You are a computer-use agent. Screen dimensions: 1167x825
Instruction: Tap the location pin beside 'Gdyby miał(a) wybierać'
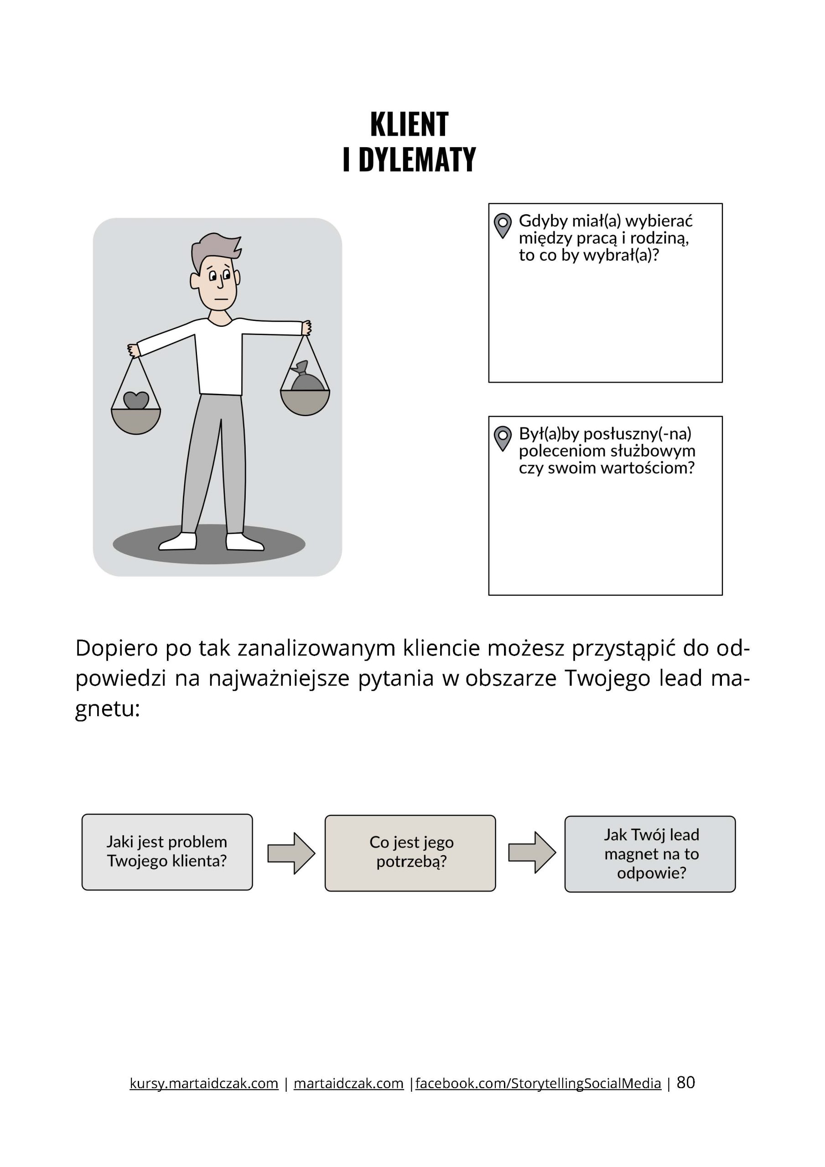pyautogui.click(x=503, y=224)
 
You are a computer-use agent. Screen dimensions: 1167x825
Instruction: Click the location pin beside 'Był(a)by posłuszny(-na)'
pyautogui.click(x=503, y=437)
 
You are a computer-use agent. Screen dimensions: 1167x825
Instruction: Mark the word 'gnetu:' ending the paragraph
pyautogui.click(x=107, y=708)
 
